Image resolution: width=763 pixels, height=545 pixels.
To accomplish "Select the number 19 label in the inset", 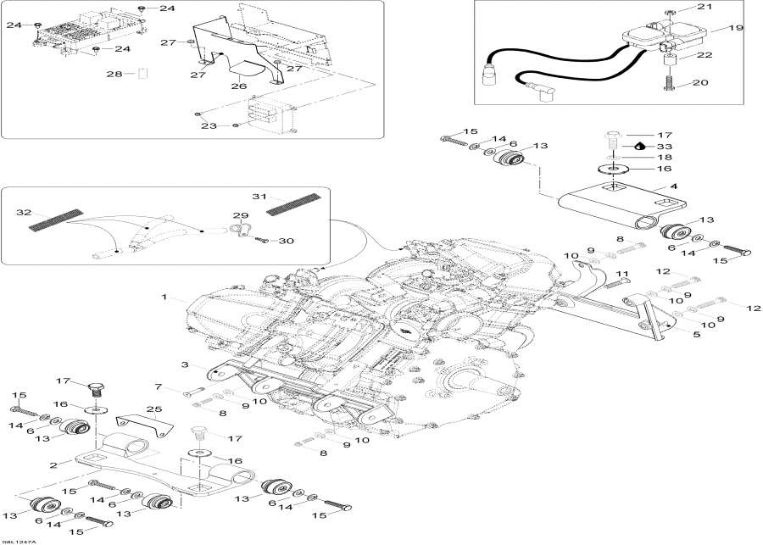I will point(735,28).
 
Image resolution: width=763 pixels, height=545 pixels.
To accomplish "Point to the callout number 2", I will point(54,464).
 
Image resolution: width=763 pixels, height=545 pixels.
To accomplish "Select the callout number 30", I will point(287,241).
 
